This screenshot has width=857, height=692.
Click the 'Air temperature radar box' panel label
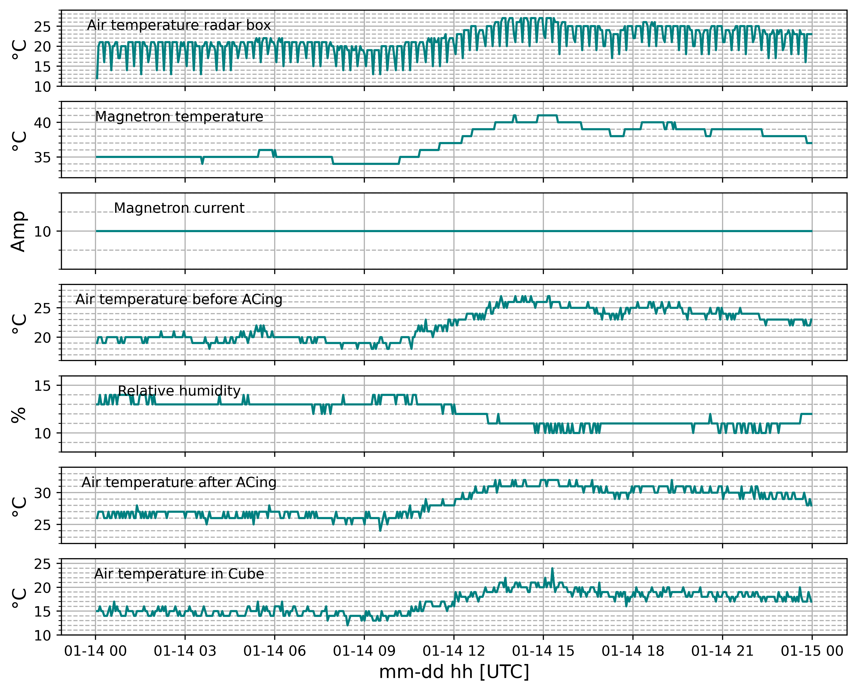tap(179, 25)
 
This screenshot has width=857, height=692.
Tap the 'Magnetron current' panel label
tap(179, 208)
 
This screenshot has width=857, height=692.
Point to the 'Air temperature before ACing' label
tap(179, 299)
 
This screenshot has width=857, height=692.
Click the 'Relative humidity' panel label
tap(179, 391)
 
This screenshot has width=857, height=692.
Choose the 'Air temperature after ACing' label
tap(179, 482)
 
